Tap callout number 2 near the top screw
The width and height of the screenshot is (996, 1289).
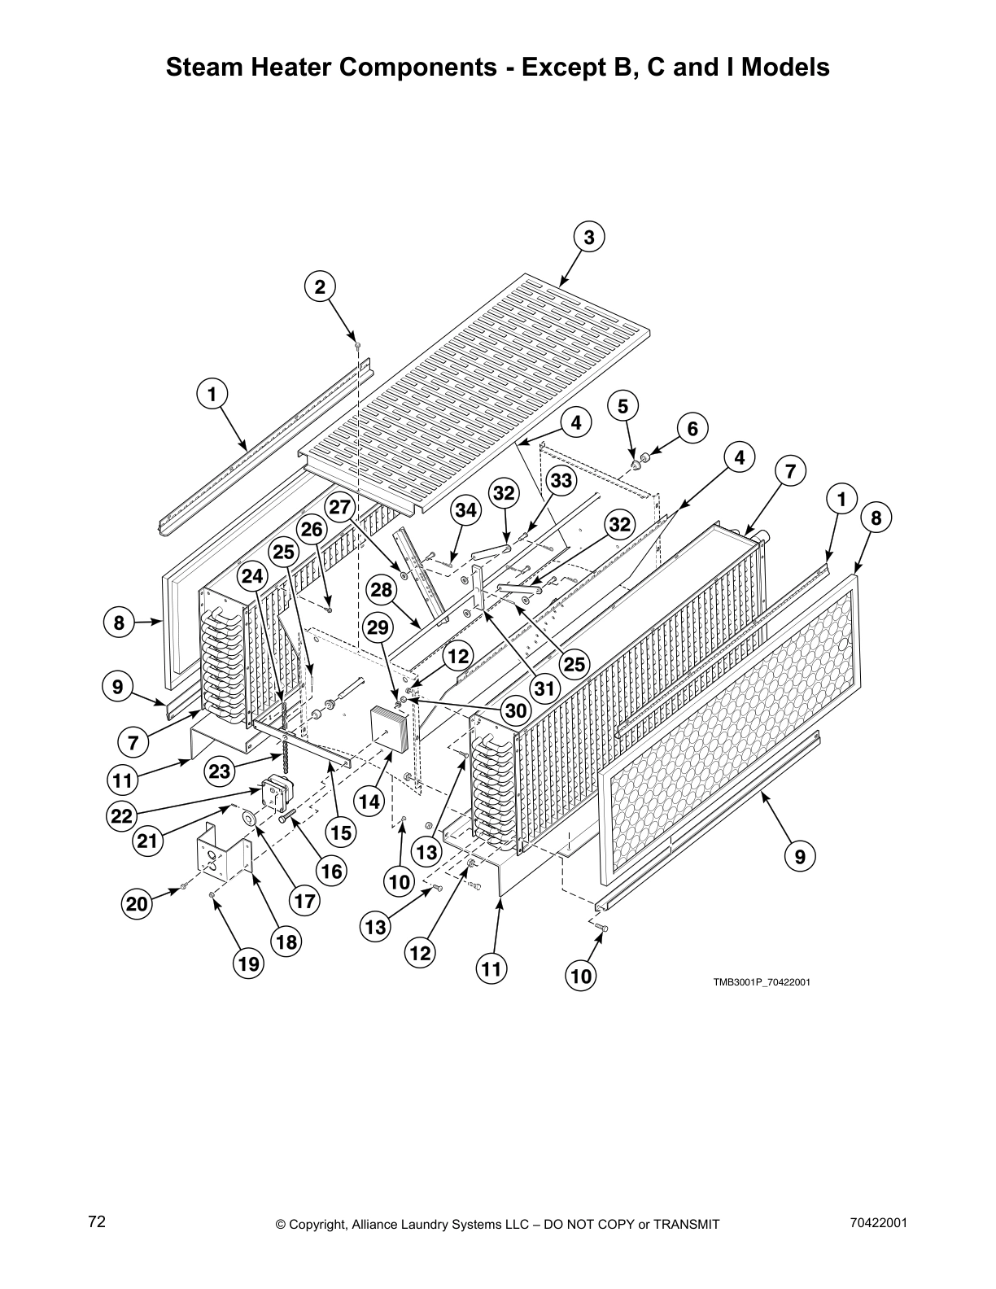click(x=320, y=286)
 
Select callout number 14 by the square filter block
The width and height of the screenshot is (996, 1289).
click(x=369, y=802)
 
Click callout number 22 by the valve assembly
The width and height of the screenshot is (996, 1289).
click(x=122, y=816)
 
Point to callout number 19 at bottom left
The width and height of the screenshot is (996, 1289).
click(x=248, y=964)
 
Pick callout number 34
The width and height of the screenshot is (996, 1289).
click(x=465, y=511)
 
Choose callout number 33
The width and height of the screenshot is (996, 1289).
click(x=560, y=480)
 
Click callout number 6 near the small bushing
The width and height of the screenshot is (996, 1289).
click(x=692, y=428)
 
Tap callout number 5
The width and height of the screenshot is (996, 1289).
click(x=623, y=405)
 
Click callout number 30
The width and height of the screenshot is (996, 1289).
click(x=516, y=710)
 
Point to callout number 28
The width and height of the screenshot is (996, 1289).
click(x=381, y=590)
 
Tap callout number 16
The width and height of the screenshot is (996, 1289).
click(x=331, y=872)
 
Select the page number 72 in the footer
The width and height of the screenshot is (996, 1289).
click(x=98, y=1221)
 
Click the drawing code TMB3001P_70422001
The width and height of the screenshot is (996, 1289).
click(x=762, y=981)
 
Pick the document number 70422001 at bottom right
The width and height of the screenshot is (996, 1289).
click(x=877, y=1222)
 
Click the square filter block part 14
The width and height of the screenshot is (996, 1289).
click(x=390, y=727)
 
